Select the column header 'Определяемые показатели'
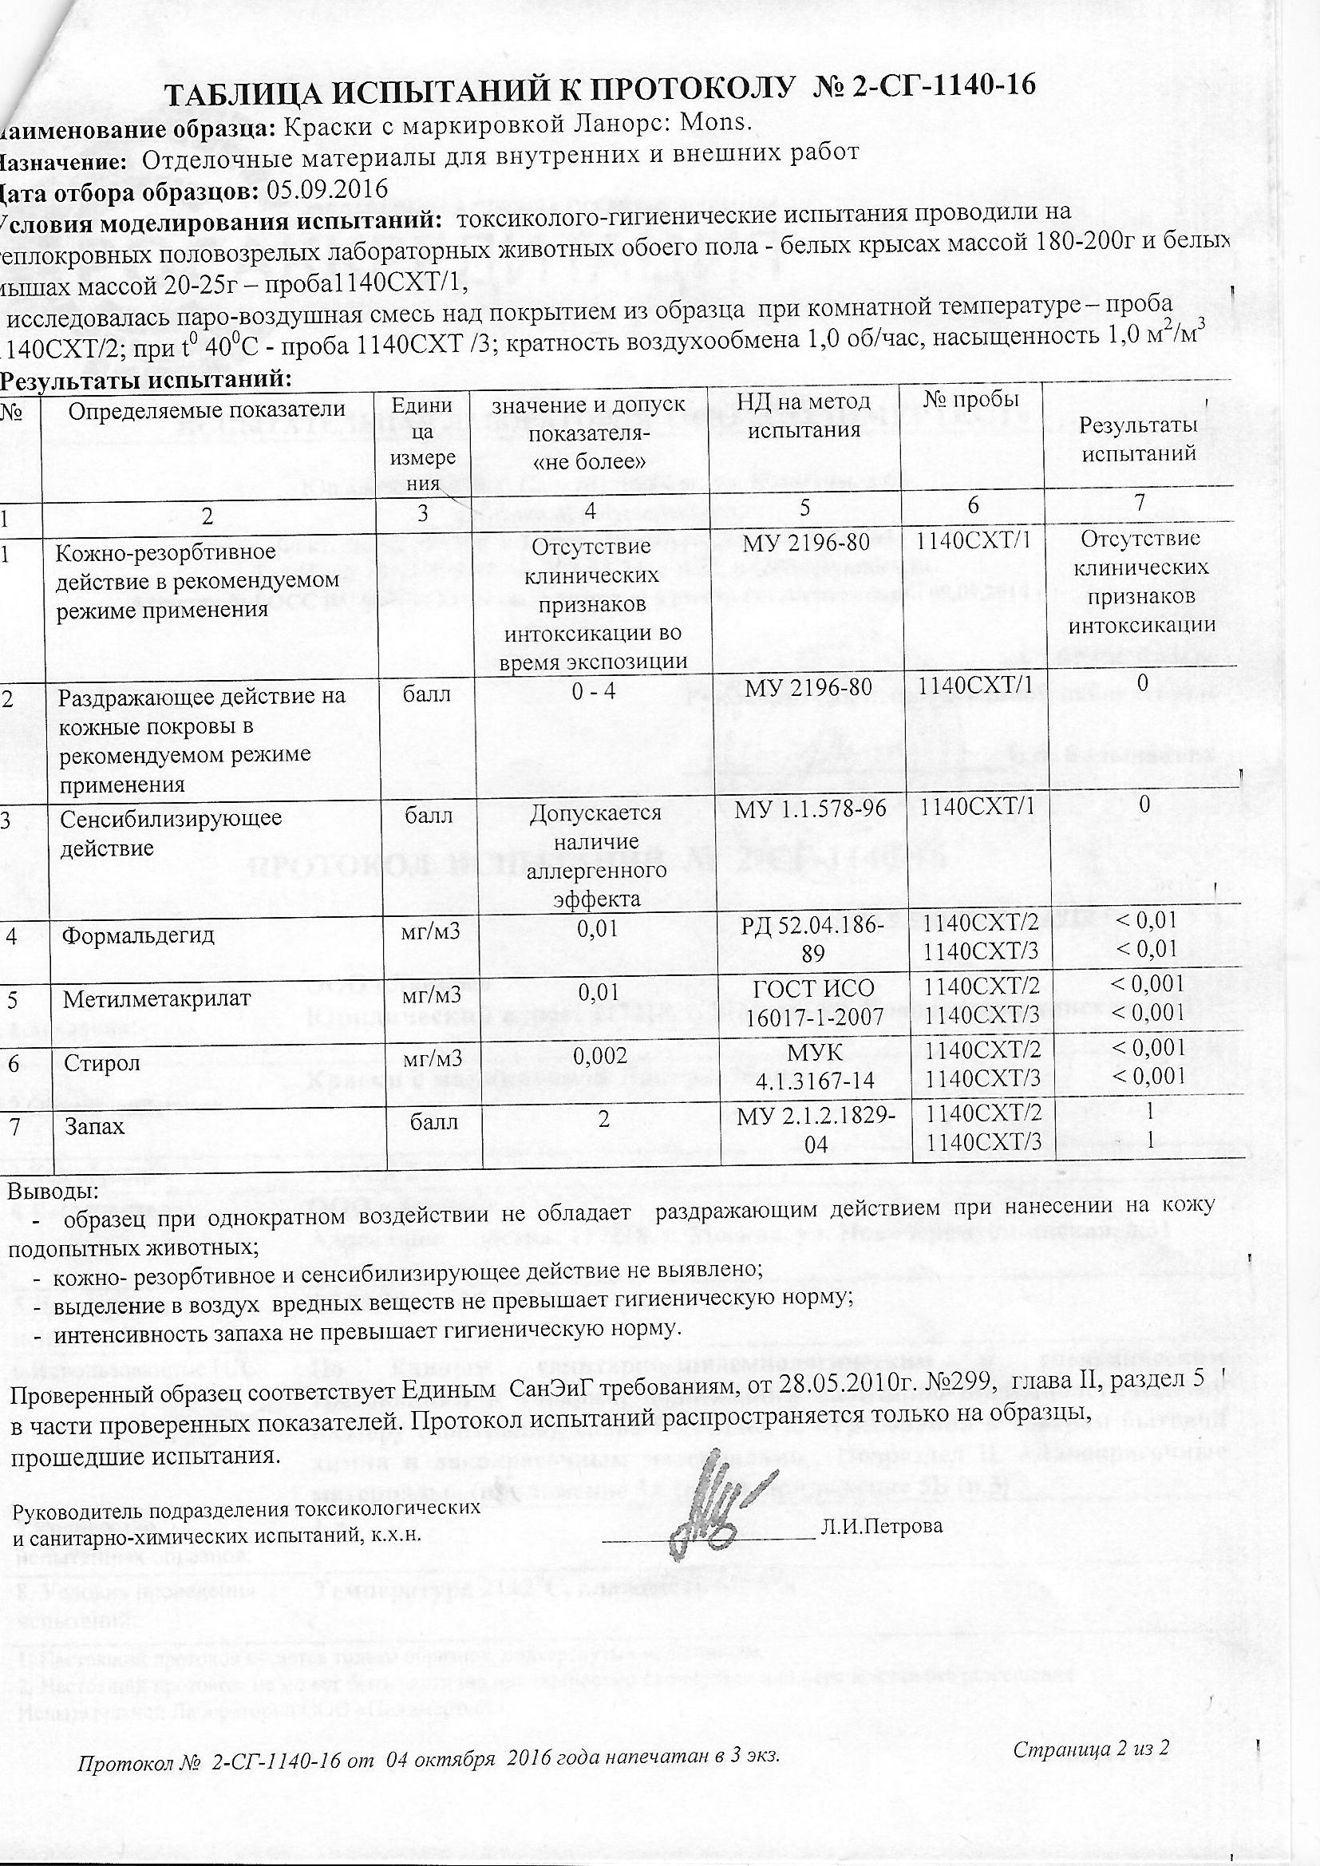[207, 409]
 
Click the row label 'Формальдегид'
[138, 935]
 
